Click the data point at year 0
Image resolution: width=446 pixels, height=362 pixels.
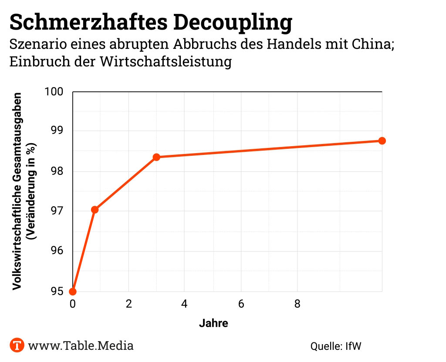73,291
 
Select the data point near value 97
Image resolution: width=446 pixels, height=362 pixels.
95,210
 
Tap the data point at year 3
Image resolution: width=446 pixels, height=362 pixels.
156,157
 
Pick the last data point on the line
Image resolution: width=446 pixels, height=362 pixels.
382,141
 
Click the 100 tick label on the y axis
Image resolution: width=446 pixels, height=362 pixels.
54,92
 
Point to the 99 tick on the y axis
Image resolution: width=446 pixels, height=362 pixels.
57,131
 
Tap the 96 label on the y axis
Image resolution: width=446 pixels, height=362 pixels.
57,251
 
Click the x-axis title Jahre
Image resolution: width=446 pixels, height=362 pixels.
213,323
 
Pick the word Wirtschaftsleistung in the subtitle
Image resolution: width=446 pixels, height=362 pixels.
166,61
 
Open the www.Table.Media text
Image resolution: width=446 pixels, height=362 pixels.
81,345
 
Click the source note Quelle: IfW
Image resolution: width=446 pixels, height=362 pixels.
336,346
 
